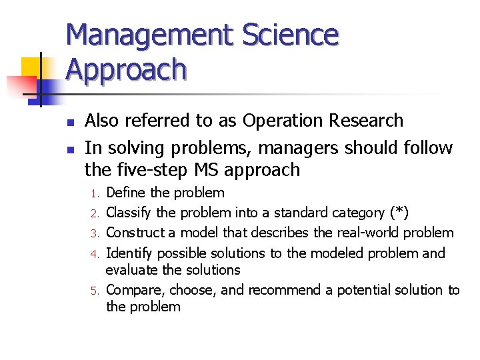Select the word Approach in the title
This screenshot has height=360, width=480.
pyautogui.click(x=126, y=69)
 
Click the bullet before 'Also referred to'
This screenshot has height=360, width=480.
pyautogui.click(x=70, y=122)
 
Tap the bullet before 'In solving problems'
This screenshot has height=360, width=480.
pyautogui.click(x=70, y=149)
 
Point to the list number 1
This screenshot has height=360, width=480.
pyautogui.click(x=95, y=194)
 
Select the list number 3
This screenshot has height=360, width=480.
pyautogui.click(x=95, y=234)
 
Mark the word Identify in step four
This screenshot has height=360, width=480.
pyautogui.click(x=129, y=253)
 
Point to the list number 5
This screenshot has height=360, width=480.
pyautogui.click(x=95, y=291)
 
